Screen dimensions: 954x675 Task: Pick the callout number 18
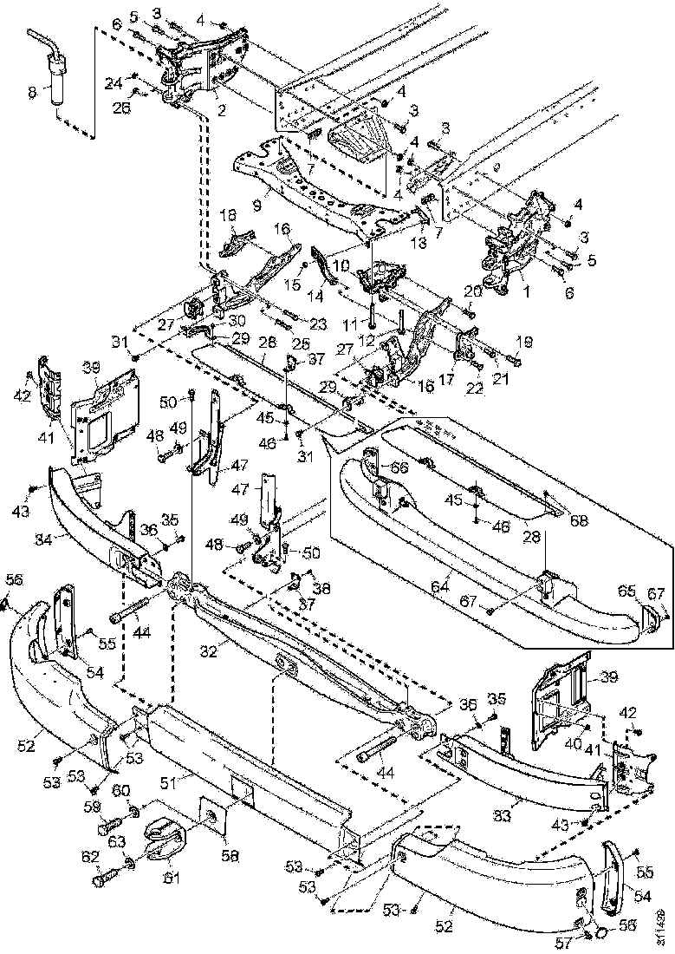(230, 214)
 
